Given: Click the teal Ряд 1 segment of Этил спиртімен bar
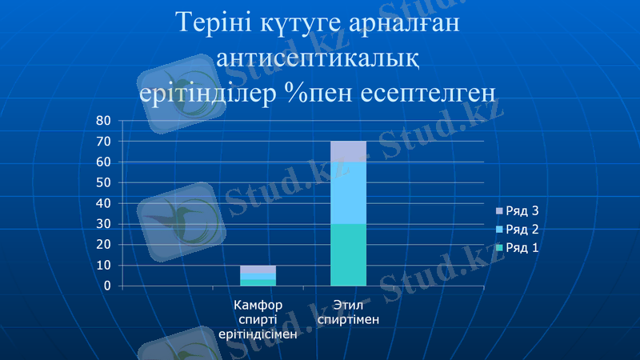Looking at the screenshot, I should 348,254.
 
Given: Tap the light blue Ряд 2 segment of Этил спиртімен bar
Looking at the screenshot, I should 348,193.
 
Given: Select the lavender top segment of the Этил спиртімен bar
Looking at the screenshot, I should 348,151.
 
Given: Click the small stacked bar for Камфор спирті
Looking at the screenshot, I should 258,275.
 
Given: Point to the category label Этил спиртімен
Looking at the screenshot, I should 348,312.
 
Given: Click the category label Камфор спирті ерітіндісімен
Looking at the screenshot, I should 258,319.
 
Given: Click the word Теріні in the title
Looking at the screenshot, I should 214,24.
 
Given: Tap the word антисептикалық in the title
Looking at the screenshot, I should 319,58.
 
